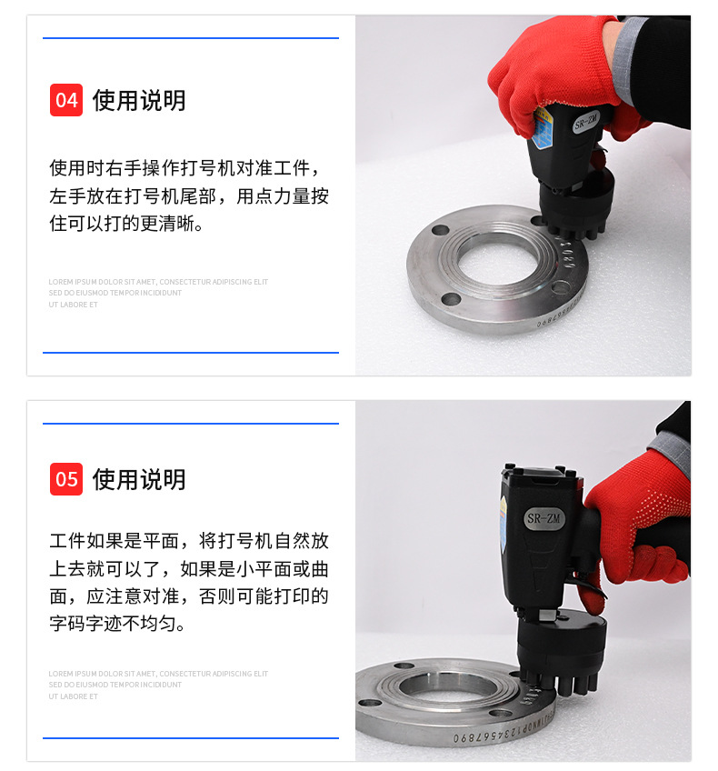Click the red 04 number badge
[66, 100]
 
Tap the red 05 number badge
[66, 479]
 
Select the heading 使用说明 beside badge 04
[139, 100]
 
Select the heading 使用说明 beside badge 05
[139, 479]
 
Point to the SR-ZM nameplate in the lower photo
[544, 519]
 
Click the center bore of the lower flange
[445, 688]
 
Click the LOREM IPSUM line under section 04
[158, 282]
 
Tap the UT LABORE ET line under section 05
[74, 696]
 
